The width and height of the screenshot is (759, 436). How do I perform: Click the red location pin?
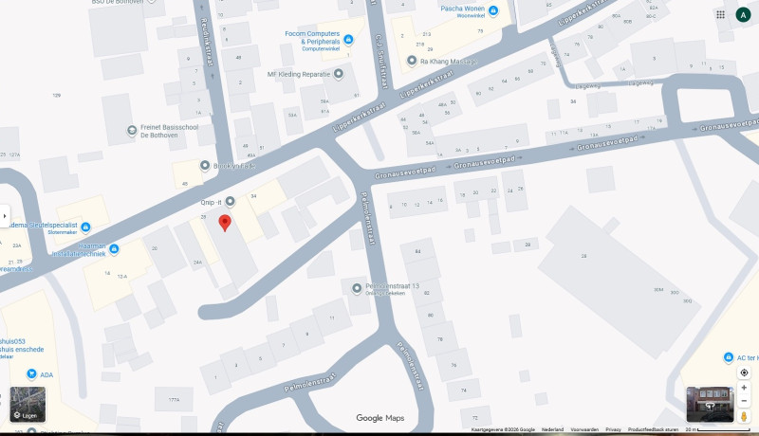pyautogui.click(x=225, y=223)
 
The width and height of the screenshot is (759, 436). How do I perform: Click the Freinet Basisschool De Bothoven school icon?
pyautogui.click(x=132, y=130)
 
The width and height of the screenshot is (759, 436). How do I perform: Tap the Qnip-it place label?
pyautogui.click(x=210, y=202)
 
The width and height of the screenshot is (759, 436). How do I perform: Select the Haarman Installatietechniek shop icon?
pyautogui.click(x=115, y=249)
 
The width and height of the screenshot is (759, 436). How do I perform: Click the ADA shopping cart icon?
pyautogui.click(x=31, y=374)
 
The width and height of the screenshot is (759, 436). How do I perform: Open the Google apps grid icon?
pyautogui.click(x=721, y=14)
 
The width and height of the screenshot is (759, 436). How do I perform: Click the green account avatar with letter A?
pyautogui.click(x=743, y=14)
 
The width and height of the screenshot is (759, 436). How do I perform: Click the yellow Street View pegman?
pyautogui.click(x=744, y=416)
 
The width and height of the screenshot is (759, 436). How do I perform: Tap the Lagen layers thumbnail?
pyautogui.click(x=28, y=404)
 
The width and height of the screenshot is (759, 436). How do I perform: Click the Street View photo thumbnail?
pyautogui.click(x=709, y=404)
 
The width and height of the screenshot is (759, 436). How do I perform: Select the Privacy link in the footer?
pyautogui.click(x=613, y=429)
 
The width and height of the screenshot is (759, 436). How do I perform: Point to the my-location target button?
pyautogui.click(x=744, y=372)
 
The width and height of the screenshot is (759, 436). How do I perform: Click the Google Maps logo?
pyautogui.click(x=379, y=418)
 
